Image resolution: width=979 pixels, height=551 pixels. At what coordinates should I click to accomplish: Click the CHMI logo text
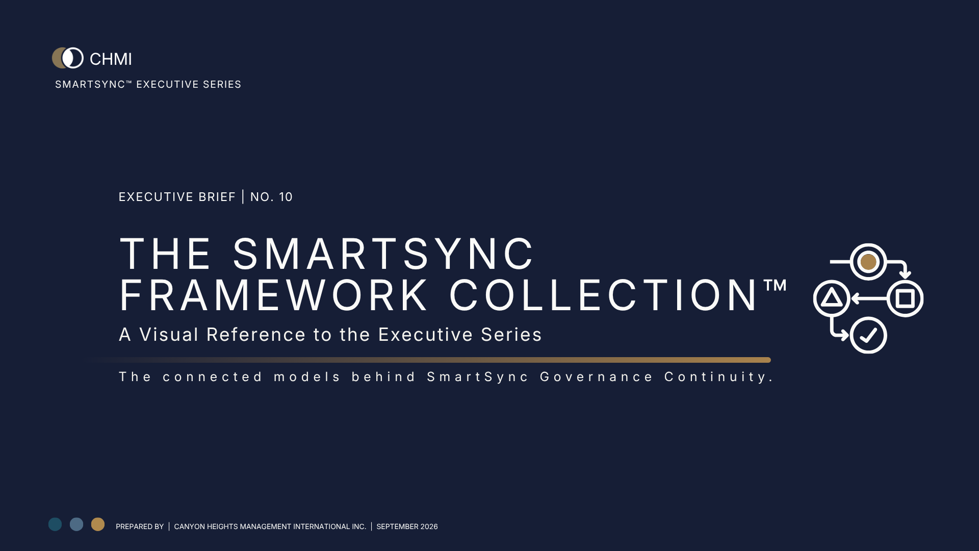click(111, 59)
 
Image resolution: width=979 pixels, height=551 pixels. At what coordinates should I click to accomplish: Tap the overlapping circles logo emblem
click(68, 58)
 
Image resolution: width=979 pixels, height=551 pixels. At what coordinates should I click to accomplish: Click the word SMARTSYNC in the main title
click(383, 254)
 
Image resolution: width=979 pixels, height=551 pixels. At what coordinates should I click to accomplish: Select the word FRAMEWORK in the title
click(274, 295)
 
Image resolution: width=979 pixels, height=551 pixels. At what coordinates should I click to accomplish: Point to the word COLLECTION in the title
click(603, 295)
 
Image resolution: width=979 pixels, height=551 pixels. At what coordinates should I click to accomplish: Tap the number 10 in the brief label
click(286, 197)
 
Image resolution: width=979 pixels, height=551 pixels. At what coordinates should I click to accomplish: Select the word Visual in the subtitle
click(169, 335)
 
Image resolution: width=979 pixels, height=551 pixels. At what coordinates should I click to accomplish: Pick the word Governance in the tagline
click(597, 377)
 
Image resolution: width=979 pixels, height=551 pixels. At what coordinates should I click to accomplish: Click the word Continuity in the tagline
click(719, 378)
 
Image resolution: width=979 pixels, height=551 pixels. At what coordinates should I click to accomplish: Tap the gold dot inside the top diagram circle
click(868, 262)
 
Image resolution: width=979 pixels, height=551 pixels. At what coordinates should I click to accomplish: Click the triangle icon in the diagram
click(832, 298)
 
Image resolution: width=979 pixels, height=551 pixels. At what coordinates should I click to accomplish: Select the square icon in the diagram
click(905, 298)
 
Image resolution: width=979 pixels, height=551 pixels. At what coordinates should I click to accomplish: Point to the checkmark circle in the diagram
click(868, 335)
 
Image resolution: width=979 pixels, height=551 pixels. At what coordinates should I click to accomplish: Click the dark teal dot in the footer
click(55, 524)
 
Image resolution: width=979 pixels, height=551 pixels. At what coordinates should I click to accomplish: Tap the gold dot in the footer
click(98, 524)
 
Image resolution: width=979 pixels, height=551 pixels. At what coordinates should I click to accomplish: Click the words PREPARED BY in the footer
click(140, 527)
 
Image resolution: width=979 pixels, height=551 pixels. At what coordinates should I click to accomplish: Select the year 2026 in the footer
click(429, 527)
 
